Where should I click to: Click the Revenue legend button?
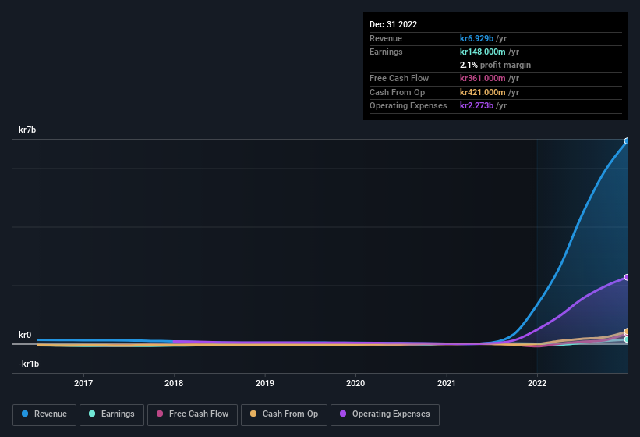45,414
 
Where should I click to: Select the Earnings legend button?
112,414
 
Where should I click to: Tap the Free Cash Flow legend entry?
193,414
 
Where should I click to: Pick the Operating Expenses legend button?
384,414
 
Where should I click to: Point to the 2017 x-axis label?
83,383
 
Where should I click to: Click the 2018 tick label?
174,383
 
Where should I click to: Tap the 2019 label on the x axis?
265,383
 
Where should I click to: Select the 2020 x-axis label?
355,383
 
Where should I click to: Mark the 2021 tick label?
447,383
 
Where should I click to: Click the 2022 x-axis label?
537,383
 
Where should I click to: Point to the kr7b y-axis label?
27,130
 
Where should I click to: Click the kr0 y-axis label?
25,336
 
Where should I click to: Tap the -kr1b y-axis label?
29,364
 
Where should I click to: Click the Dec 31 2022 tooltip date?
394,24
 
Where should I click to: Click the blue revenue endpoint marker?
627,141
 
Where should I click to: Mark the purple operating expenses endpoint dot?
627,277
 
